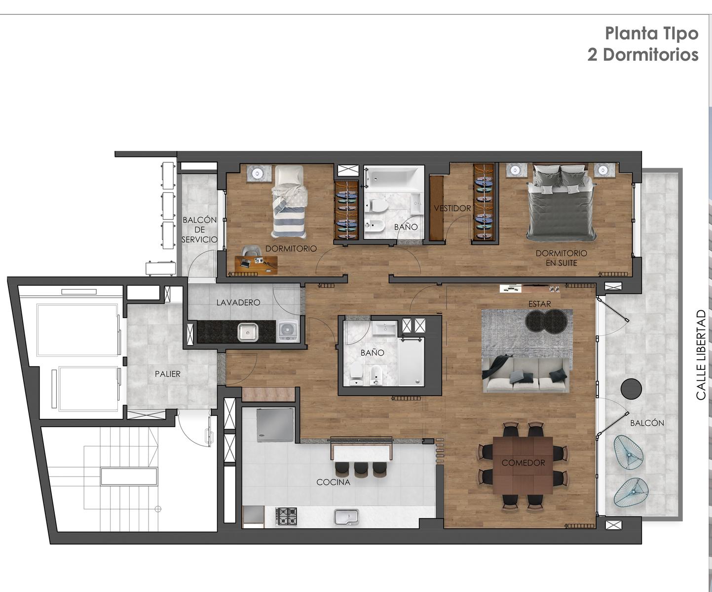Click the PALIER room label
click(x=167, y=374)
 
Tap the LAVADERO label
click(x=238, y=302)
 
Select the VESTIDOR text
click(x=452, y=208)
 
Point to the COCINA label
click(x=333, y=482)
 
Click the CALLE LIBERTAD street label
click(x=701, y=355)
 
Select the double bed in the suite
click(x=561, y=202)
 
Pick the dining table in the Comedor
click(x=523, y=465)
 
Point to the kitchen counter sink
click(x=346, y=517)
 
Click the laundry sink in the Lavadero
click(x=248, y=332)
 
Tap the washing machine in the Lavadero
click(x=289, y=330)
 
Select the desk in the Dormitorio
click(x=256, y=265)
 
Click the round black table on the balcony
click(x=631, y=389)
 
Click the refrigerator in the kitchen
click(x=275, y=425)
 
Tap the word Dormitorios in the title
click(x=651, y=55)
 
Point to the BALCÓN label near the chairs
click(x=647, y=423)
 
